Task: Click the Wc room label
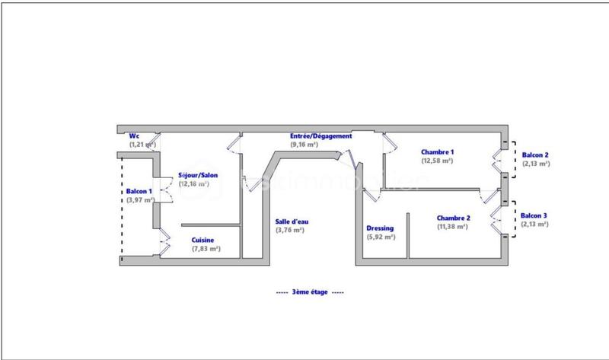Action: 134,136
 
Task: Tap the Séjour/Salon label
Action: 198,175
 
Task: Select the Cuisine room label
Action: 202,240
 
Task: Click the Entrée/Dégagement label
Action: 320,136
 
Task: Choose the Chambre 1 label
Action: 437,152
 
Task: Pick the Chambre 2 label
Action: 453,218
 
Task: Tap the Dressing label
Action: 380,228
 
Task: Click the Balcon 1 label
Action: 139,191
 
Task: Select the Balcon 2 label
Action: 535,155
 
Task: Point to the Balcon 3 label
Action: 535,216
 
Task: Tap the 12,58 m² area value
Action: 437,161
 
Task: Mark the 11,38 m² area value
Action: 453,226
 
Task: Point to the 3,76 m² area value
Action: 289,231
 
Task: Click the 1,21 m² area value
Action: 142,145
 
